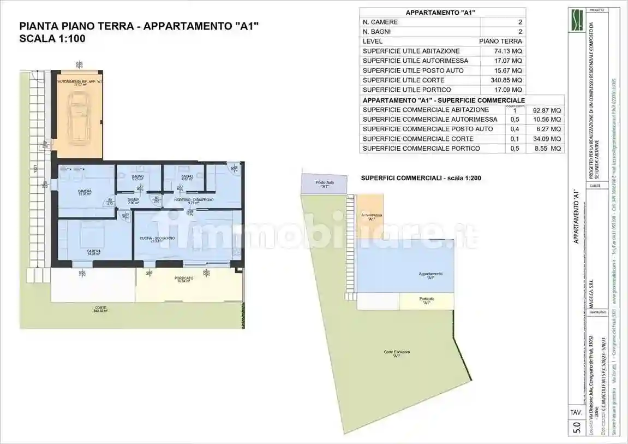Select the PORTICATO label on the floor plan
(184, 279)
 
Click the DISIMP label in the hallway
(133, 200)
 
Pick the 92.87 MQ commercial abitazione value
(546, 110)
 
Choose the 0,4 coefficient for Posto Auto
(514, 129)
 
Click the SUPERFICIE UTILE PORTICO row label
(406, 90)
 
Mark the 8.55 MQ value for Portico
(546, 149)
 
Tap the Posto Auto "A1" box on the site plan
(325, 184)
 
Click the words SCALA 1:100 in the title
(52, 38)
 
